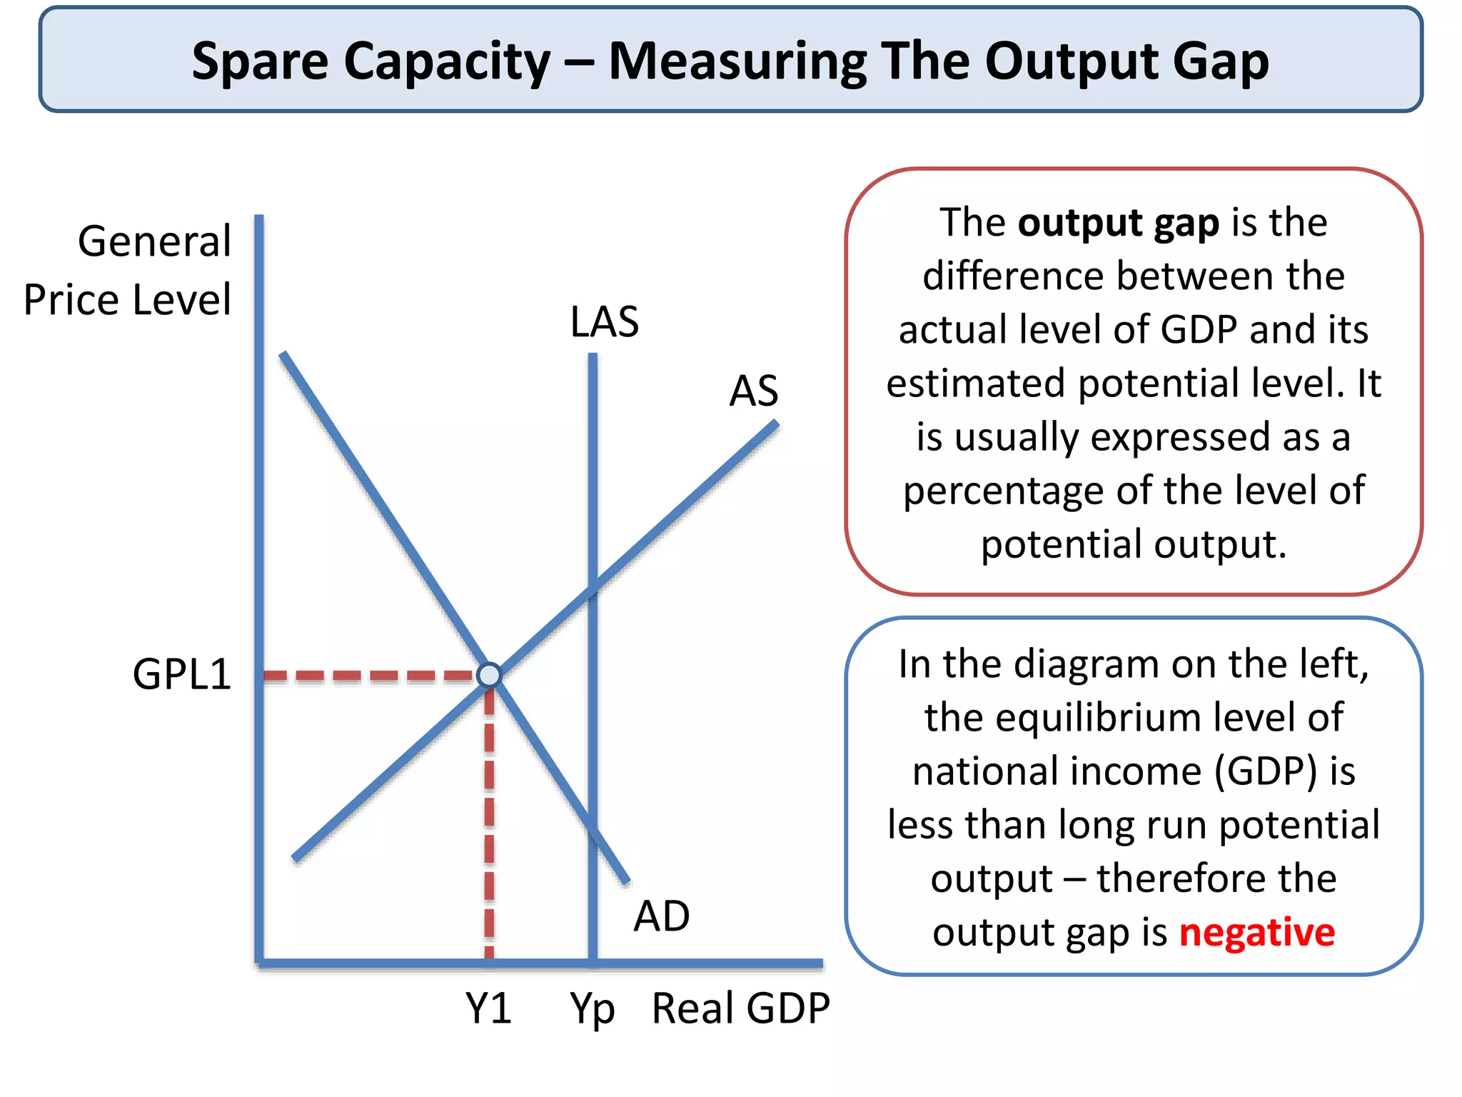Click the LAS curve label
click(604, 322)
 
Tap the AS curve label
click(753, 391)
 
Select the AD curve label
click(661, 916)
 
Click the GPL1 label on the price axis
click(182, 674)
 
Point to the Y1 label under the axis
click(488, 1008)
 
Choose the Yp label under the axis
click(592, 1010)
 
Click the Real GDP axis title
click(740, 1008)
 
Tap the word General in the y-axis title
click(154, 241)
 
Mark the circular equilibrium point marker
click(490, 675)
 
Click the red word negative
click(1256, 932)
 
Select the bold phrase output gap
click(1118, 223)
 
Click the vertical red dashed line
click(489, 821)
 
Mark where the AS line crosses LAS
click(593, 588)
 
